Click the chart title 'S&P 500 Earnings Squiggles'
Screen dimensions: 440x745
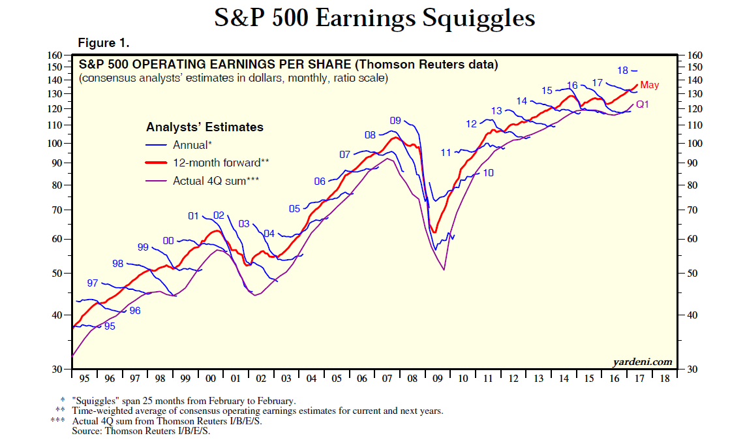(x=374, y=18)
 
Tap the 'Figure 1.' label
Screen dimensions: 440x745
(x=104, y=43)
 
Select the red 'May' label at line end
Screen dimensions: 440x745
(x=650, y=85)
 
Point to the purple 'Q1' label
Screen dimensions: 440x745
(x=642, y=104)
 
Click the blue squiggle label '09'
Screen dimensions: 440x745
(x=395, y=120)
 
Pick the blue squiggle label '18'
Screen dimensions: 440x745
(x=622, y=71)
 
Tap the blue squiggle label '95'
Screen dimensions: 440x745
(x=110, y=326)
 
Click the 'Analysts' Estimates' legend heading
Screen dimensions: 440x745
(x=205, y=127)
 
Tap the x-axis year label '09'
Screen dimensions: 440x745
(x=438, y=379)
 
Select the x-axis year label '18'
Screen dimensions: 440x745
(x=665, y=379)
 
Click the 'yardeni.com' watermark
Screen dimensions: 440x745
(x=642, y=362)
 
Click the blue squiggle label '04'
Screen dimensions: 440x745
(x=269, y=233)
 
